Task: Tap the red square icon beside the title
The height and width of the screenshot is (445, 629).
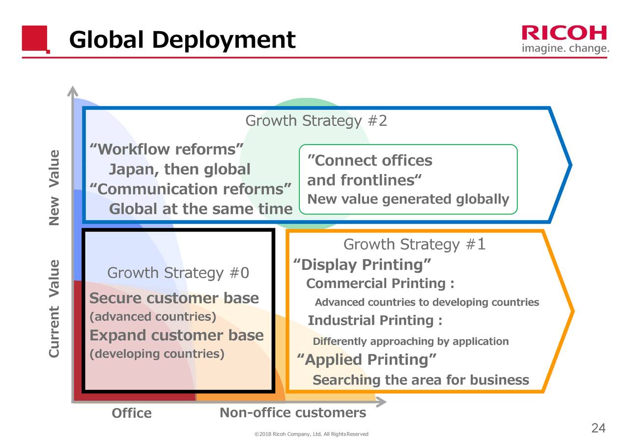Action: pos(35,38)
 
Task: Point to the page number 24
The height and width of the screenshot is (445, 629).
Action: pos(598,428)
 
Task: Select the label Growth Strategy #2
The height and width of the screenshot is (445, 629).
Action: pos(316,120)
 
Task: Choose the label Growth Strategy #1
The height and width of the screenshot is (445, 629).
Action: pos(414,244)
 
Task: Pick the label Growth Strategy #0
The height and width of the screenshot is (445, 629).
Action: pos(178,273)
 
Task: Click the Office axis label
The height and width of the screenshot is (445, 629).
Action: pos(131,414)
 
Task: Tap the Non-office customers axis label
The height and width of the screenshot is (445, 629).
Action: pos(292,413)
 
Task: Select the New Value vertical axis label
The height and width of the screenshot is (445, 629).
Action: pos(55,188)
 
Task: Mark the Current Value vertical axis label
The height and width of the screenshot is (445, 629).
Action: pos(55,308)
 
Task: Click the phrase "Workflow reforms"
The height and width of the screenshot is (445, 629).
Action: pos(167,149)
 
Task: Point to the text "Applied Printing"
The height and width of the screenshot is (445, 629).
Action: pos(367,360)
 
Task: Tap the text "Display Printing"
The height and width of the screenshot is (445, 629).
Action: pos(362,265)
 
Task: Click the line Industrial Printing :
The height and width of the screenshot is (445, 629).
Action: pos(375,321)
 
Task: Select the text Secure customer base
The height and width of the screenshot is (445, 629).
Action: pos(174,298)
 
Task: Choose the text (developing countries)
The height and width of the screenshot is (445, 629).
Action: pos(156,354)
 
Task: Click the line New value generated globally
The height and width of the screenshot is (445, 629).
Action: pos(408,199)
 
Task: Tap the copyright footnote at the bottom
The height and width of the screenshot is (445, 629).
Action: pos(311,434)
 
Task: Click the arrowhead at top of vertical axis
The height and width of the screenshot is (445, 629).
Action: pos(73,90)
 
